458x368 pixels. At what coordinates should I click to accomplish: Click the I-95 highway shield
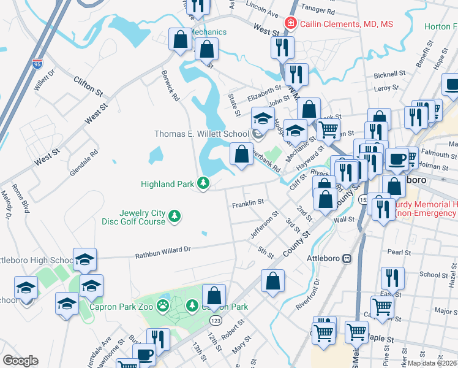(38, 63)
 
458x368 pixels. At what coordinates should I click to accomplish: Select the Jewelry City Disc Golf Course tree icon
(175, 217)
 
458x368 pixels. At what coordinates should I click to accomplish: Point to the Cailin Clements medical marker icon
(290, 24)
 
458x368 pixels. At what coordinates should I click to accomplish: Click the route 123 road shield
(215, 320)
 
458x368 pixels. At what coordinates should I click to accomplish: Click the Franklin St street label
(247, 202)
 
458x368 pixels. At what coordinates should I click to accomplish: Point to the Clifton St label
(88, 86)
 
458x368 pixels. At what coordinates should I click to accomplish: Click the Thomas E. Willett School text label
(201, 134)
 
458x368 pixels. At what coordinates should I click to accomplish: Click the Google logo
(20, 361)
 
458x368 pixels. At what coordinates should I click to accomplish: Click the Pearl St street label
(399, 252)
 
